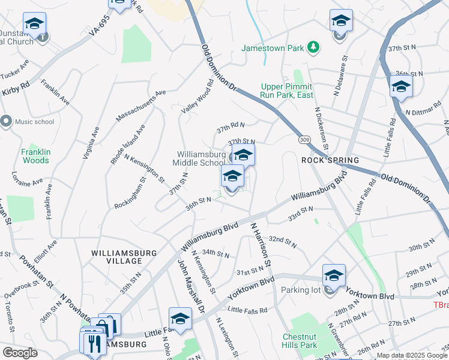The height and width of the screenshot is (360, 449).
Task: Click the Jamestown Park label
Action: pyautogui.click(x=273, y=47)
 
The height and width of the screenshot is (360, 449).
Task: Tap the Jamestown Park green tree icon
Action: pyautogui.click(x=312, y=47)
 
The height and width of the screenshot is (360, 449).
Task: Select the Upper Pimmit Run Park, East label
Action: pyautogui.click(x=287, y=91)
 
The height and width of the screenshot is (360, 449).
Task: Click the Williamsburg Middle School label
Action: pyautogui.click(x=199, y=158)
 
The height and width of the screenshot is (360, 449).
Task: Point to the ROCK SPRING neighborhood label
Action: pyautogui.click(x=330, y=161)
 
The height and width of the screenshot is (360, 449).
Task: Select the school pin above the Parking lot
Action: pyautogui.click(x=334, y=275)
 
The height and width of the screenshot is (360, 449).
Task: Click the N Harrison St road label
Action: pyautogui.click(x=262, y=244)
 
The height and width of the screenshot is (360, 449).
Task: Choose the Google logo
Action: pyautogui.click(x=20, y=352)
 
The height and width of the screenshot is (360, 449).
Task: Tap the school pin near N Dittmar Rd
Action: pyautogui.click(x=400, y=86)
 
